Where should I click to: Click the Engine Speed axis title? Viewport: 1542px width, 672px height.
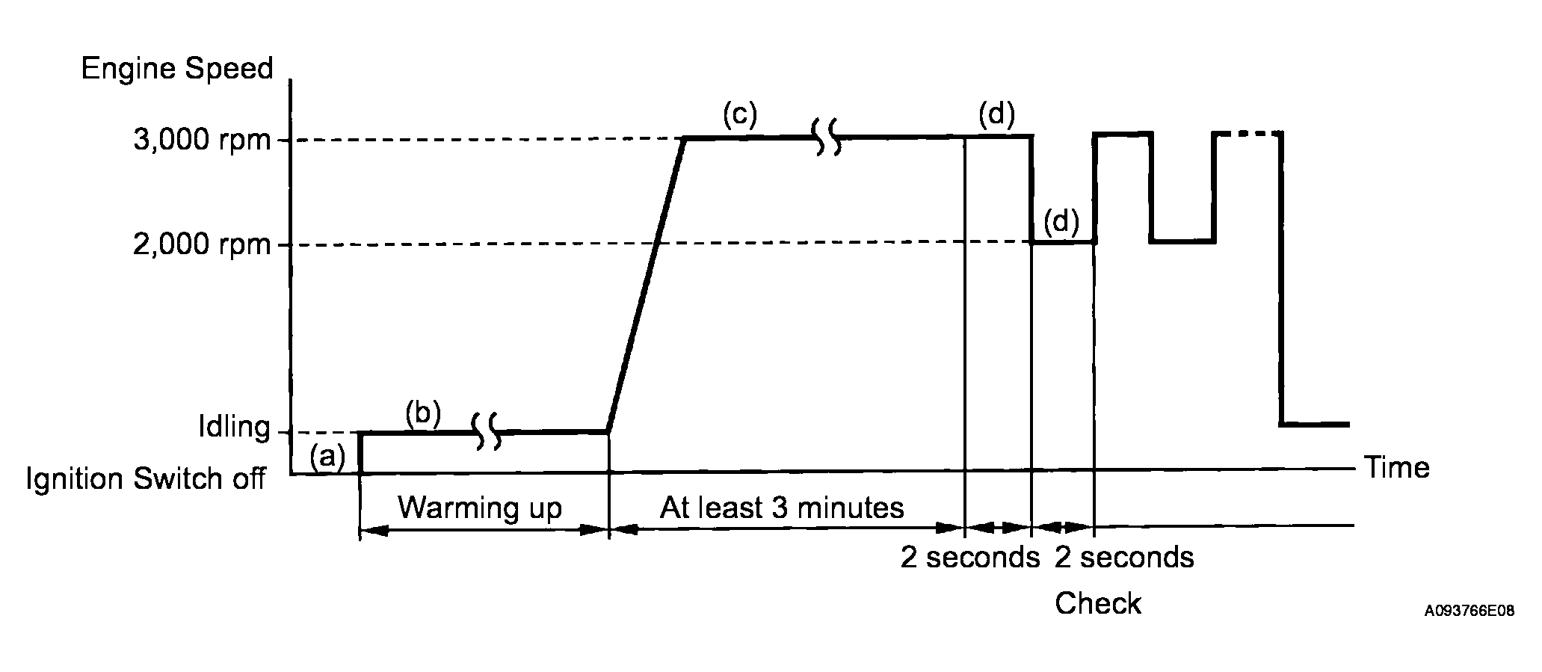177,69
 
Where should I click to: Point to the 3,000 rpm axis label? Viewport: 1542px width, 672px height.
202,140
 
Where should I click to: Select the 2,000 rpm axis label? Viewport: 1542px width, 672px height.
202,244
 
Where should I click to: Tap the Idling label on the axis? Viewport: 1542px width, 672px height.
233,428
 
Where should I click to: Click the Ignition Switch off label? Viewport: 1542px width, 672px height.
146,478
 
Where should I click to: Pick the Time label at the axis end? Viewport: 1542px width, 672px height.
1397,468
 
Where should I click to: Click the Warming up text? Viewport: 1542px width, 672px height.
480,508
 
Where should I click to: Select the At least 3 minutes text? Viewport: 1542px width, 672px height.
782,508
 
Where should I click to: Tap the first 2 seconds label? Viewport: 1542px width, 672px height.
969,558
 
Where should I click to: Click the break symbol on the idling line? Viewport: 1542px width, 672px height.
487,431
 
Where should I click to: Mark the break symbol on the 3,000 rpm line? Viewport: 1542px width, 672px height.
827,138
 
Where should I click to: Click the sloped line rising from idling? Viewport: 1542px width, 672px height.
647,284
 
